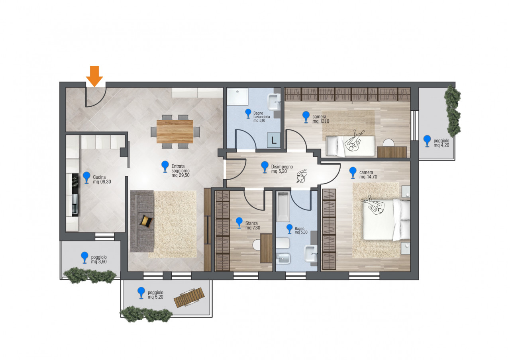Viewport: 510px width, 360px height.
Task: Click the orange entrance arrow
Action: point(94,76)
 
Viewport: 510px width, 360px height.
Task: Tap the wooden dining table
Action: point(175,132)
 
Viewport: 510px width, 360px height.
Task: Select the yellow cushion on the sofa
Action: point(146,221)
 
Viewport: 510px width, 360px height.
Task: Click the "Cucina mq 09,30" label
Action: point(102,179)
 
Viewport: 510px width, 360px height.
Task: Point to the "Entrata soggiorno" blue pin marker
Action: point(165,167)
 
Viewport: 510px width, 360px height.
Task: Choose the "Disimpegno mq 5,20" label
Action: point(282,169)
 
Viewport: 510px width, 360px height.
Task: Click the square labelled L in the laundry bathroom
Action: point(274,140)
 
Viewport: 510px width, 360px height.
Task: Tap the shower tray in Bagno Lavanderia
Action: point(237,96)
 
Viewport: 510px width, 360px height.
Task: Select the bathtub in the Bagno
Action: point(283,207)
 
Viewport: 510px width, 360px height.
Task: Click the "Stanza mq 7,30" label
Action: point(253,225)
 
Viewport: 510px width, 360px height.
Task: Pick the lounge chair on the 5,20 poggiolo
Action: point(189,297)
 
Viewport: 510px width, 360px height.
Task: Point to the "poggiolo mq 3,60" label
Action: point(99,259)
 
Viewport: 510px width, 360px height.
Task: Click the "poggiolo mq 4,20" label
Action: point(441,143)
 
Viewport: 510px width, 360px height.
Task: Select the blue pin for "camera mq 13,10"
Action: point(306,117)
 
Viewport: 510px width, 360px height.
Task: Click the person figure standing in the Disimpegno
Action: point(302,176)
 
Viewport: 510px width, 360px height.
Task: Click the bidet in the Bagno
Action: point(283,259)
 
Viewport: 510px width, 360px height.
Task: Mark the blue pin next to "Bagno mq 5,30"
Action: point(289,229)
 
